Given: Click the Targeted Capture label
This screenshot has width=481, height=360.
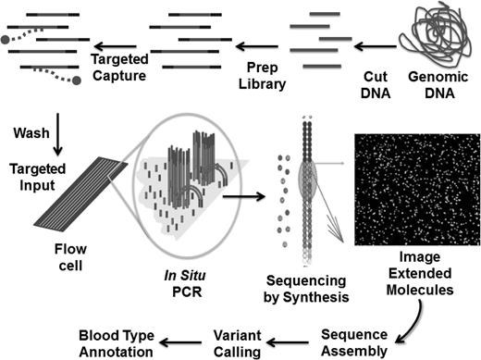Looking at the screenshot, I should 119,67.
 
